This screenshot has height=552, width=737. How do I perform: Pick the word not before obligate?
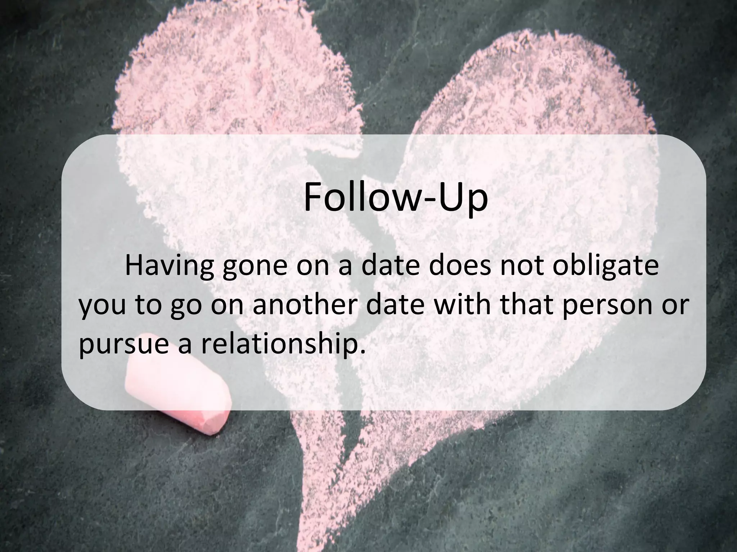click(x=520, y=267)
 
